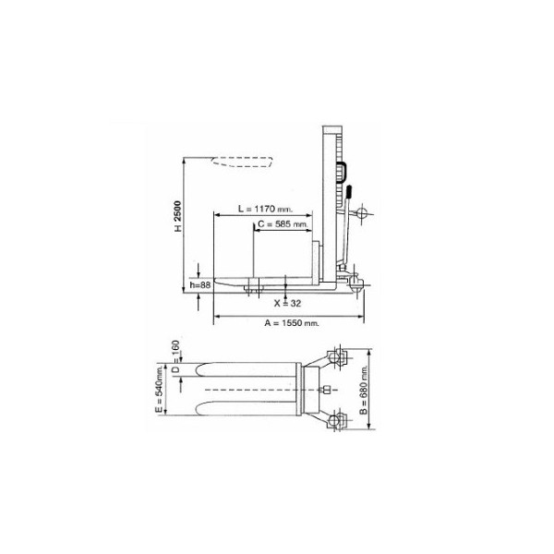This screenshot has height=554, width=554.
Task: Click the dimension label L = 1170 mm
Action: (x=265, y=209)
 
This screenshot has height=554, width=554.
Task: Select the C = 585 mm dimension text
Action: (x=283, y=224)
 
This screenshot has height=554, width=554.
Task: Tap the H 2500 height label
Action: (x=177, y=216)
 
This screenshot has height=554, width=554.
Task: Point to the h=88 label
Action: (x=200, y=284)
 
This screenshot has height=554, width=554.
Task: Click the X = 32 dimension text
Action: (x=287, y=303)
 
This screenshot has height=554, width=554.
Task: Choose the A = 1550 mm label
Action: (x=292, y=323)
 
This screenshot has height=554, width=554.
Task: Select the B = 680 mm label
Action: (x=364, y=390)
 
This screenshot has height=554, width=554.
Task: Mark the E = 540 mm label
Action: (x=160, y=389)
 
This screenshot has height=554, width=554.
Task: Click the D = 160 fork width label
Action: (x=175, y=356)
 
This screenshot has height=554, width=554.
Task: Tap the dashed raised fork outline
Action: (x=242, y=162)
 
